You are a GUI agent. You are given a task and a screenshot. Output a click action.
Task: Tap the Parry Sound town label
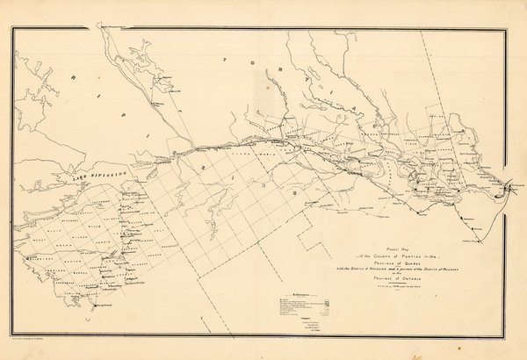(104, 305)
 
